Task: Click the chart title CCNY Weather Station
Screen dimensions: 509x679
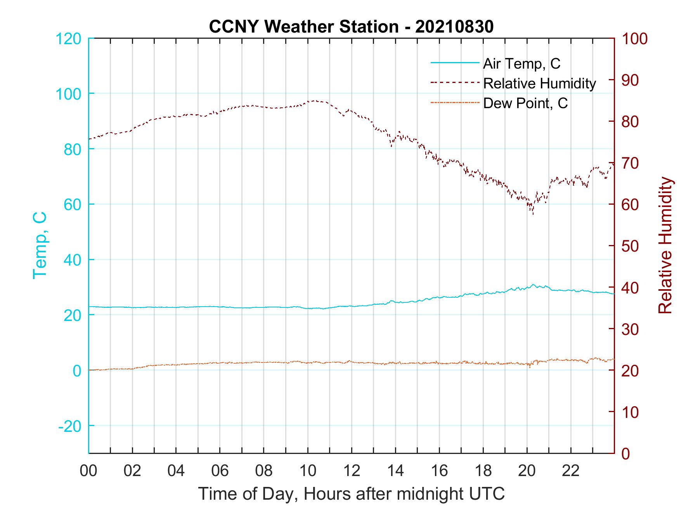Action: point(303,27)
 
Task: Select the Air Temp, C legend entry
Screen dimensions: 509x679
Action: point(521,64)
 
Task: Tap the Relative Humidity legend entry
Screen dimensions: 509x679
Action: point(539,83)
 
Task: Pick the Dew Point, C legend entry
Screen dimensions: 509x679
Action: point(525,103)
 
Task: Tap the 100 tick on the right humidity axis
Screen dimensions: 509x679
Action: point(634,39)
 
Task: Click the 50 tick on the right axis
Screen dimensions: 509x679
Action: point(630,246)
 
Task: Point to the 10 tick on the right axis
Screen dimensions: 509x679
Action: point(630,412)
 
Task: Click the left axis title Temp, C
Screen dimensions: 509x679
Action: point(40,245)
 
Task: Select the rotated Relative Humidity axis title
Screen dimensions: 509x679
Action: point(665,245)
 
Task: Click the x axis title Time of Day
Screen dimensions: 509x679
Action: point(352,494)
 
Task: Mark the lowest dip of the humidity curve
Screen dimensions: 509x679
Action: point(533,214)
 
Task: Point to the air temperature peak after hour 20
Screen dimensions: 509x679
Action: point(533,285)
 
